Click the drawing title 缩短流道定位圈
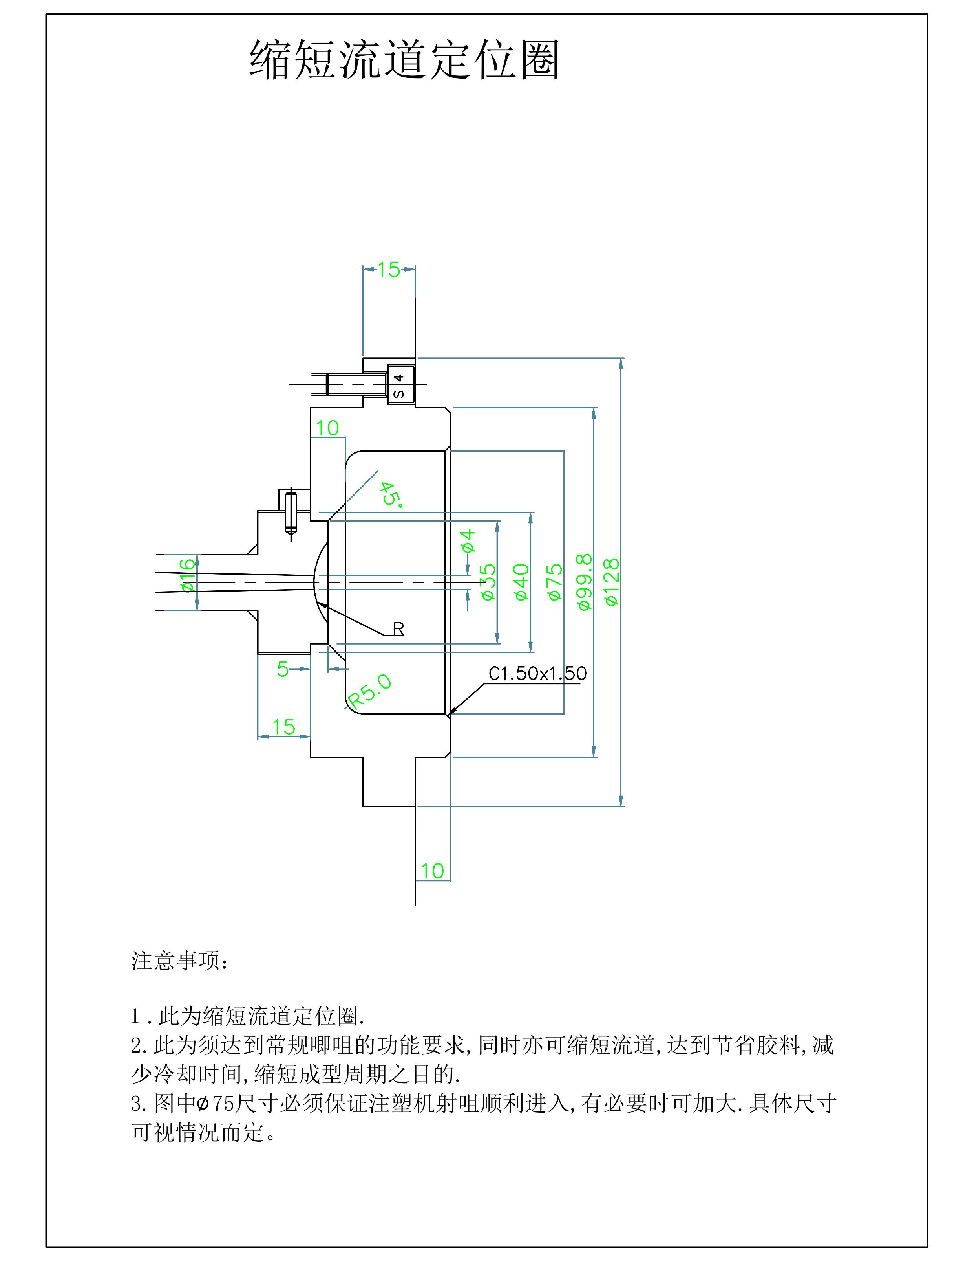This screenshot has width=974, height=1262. pos(404,59)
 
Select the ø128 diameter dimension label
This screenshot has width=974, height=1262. pos(611,582)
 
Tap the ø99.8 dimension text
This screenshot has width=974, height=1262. pos(584,582)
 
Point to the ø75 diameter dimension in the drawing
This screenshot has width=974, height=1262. pos(554,582)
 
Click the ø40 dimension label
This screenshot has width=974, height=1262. pos(521,582)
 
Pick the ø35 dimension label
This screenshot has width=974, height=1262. pos(488,582)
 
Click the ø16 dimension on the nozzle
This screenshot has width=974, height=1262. pos(188,575)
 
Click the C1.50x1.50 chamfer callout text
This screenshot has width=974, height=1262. pos(537,673)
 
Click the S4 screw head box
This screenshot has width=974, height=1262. pos(400,385)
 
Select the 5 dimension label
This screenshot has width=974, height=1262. pos(282,669)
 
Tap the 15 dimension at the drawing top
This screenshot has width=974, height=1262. pos(389,269)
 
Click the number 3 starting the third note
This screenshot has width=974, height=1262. pos(137,1104)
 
